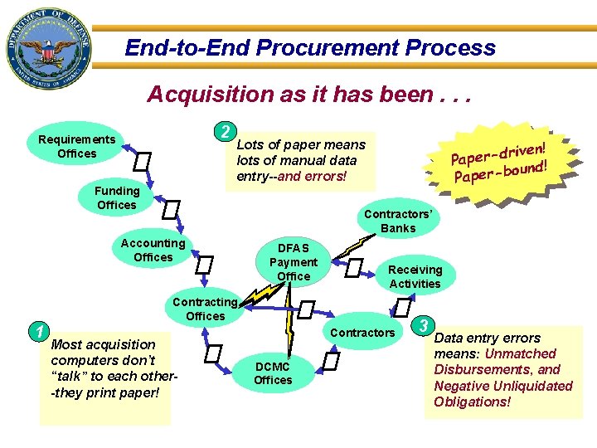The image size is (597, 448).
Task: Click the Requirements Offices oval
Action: coord(77,146)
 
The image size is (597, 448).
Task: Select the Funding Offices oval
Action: coord(117,198)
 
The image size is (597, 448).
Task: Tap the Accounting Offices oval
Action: coord(153,250)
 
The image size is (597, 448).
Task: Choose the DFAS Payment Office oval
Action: coord(294,261)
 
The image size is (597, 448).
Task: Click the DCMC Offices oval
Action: coord(273,373)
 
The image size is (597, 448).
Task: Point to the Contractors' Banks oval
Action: coord(398,221)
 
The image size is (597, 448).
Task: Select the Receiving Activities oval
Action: coord(415,276)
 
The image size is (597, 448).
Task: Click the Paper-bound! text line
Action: coord(501,171)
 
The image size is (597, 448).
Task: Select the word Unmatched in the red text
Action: coord(520,353)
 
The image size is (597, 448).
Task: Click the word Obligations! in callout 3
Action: coord(473,402)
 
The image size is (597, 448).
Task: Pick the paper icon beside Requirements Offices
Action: coord(143,160)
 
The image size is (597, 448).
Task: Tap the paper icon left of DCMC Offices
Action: coord(214,355)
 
